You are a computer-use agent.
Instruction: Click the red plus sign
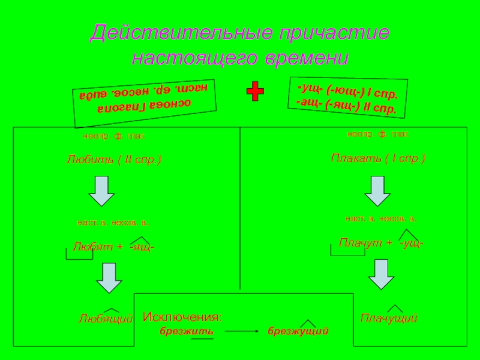click(256, 92)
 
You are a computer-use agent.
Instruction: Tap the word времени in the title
click(305, 59)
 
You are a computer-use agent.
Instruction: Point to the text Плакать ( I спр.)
click(378, 158)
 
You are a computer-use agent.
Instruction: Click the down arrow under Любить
click(101, 191)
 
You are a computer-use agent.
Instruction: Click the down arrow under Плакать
click(378, 191)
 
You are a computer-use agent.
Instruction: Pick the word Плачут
click(358, 242)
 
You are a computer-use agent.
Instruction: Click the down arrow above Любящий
click(109, 278)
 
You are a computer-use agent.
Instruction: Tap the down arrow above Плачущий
click(381, 274)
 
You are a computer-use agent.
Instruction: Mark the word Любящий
click(106, 319)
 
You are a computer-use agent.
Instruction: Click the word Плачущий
click(389, 317)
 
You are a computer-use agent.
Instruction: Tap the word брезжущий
click(298, 331)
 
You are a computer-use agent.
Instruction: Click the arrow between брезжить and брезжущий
click(240, 331)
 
